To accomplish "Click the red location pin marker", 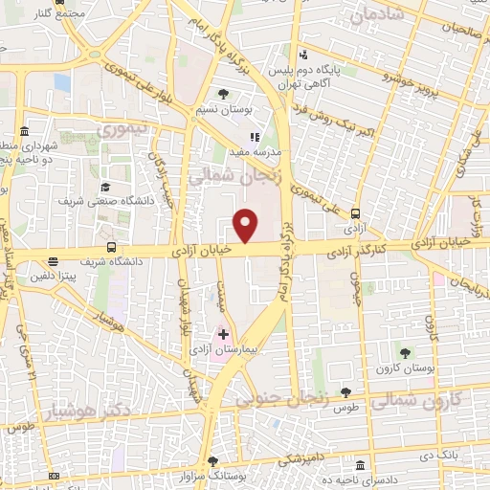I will tap(246, 224).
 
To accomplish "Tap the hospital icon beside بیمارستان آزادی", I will tap(224, 334).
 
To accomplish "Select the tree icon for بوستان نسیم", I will tap(223, 94).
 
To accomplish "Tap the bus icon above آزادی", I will tap(356, 214).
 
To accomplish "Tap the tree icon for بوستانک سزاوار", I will tap(212, 461).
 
